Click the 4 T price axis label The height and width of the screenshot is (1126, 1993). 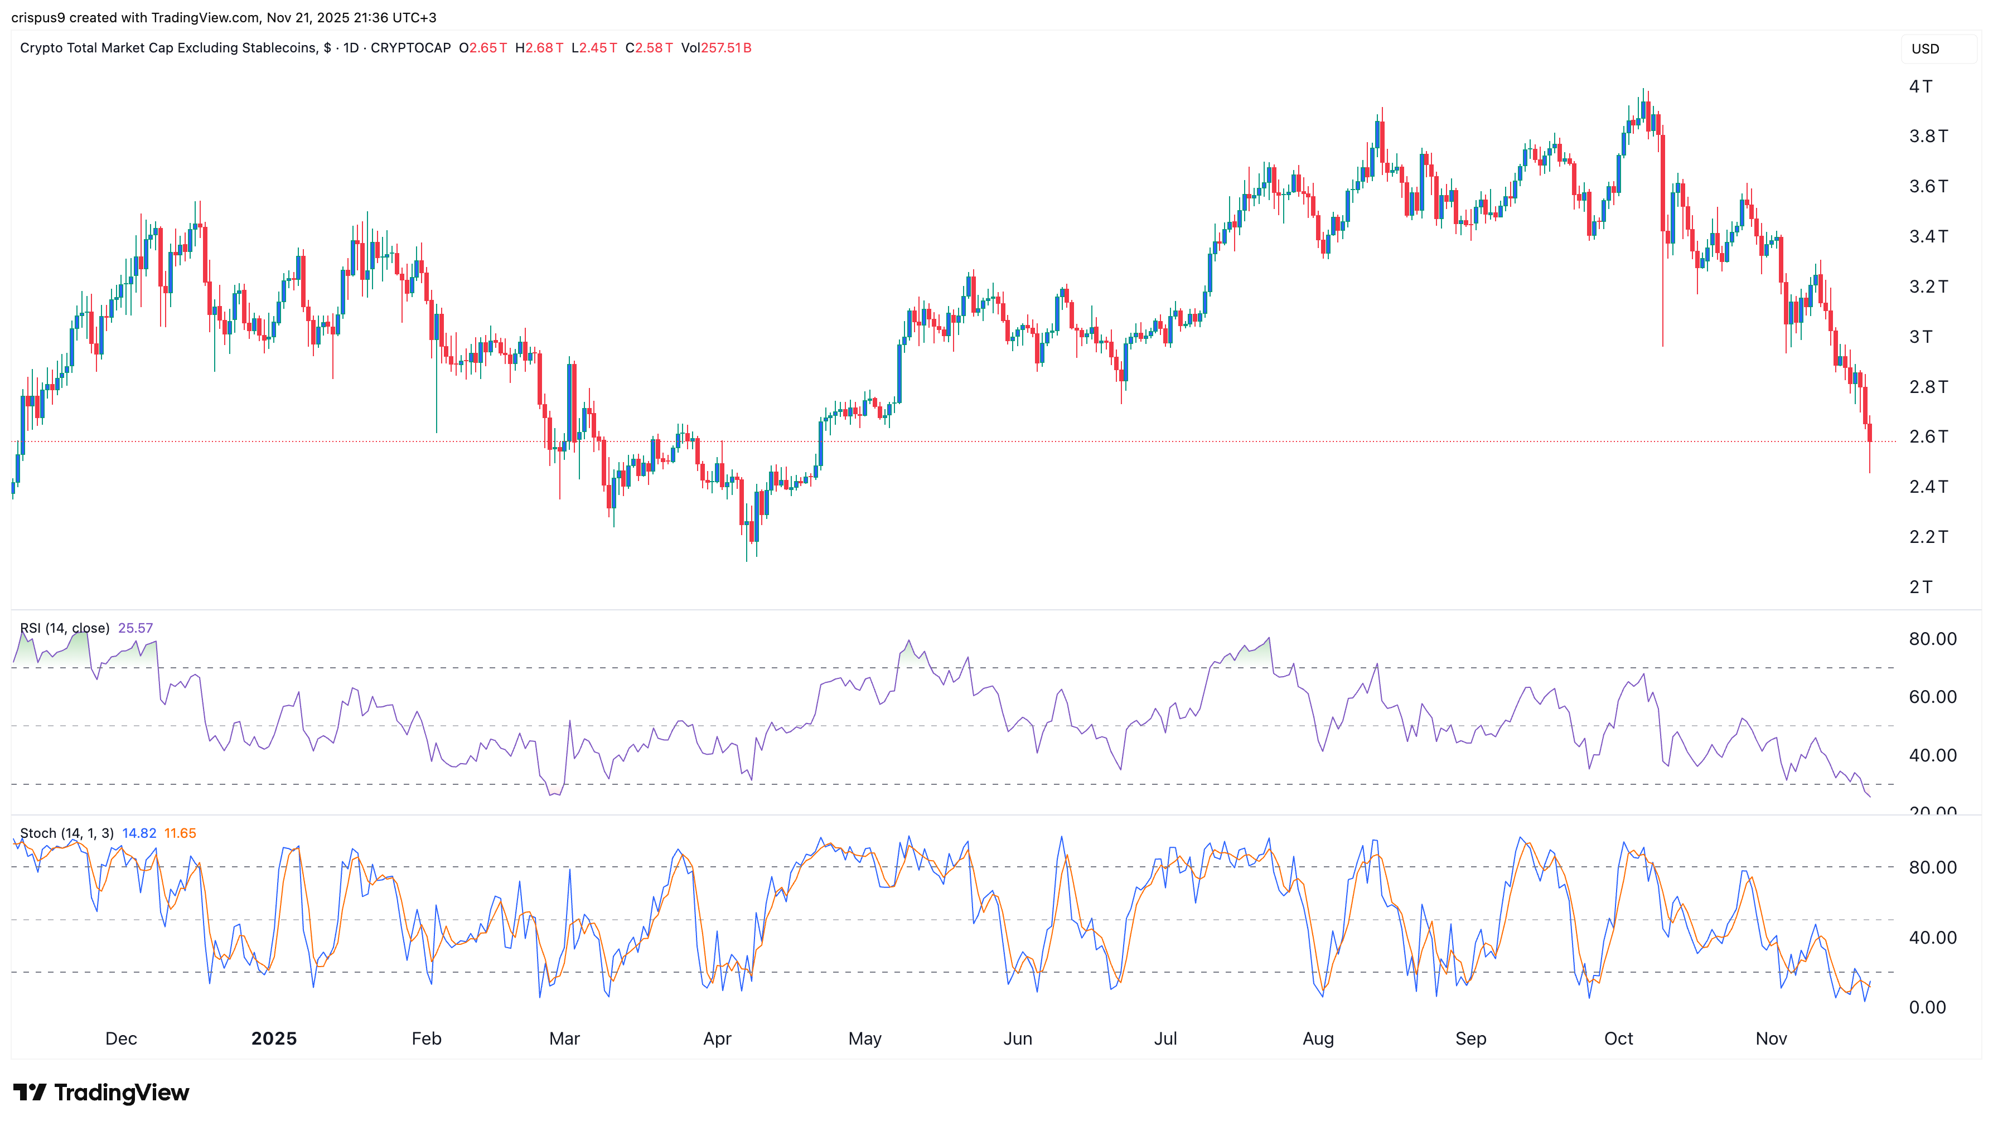click(x=1921, y=86)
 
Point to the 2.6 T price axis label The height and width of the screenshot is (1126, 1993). click(x=1928, y=437)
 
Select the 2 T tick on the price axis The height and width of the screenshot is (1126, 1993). click(x=1921, y=587)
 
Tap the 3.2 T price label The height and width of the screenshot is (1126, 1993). click(x=1928, y=287)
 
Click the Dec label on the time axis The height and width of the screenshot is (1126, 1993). click(x=120, y=1038)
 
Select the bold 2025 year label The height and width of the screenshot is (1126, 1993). click(x=274, y=1038)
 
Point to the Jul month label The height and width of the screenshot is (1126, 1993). click(x=1165, y=1038)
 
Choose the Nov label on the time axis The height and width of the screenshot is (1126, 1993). click(x=1771, y=1038)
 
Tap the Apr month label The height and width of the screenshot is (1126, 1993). click(x=717, y=1038)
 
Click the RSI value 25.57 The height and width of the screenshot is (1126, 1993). click(x=136, y=628)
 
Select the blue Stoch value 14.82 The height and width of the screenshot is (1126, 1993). click(x=139, y=833)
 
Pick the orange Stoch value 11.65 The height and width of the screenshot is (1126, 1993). click(x=180, y=833)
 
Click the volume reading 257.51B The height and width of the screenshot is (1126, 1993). click(x=725, y=48)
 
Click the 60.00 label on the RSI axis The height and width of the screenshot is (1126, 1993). click(x=1932, y=697)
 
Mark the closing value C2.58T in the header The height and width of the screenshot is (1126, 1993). click(x=649, y=48)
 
